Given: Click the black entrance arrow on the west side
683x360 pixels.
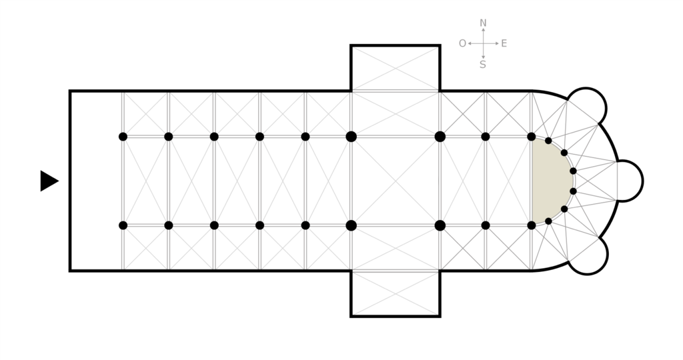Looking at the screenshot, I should point(49,181).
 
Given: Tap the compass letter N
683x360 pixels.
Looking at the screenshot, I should point(483,23).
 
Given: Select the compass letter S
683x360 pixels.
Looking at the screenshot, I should point(483,65).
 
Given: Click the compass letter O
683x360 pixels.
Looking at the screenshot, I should point(462,43).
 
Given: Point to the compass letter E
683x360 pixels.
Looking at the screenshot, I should point(504,43).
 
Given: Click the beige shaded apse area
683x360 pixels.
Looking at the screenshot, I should point(550,180).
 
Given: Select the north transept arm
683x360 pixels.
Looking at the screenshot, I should point(396,68).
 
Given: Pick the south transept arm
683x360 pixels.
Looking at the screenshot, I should point(396,293).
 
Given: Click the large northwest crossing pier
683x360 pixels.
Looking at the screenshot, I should point(352,137).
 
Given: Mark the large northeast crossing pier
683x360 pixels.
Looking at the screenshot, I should point(440,137).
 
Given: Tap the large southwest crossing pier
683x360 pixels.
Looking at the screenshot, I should point(352,225).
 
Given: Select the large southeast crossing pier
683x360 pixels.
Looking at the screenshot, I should point(440,225).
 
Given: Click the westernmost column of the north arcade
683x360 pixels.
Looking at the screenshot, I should point(123,137).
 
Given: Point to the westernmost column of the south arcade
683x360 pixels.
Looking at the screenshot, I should point(123,225).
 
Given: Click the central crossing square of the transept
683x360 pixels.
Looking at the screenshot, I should point(396,181).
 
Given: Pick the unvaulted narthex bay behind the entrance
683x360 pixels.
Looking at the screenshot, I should point(96,181).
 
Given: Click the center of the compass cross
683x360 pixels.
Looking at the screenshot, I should point(483,43).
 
